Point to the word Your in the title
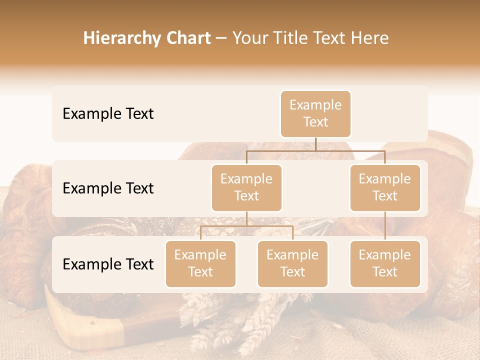pyautogui.click(x=248, y=38)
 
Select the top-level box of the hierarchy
pyautogui.click(x=315, y=114)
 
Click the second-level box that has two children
pyautogui.click(x=246, y=187)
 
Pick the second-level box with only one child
pyautogui.click(x=385, y=187)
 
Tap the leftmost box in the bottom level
pyautogui.click(x=200, y=263)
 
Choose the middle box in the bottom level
pyautogui.click(x=292, y=263)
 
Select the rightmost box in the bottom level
pyautogui.click(x=385, y=263)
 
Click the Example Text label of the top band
pyautogui.click(x=108, y=114)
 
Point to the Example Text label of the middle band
pyautogui.click(x=108, y=188)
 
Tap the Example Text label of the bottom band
pyautogui.click(x=108, y=264)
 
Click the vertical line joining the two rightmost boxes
pyautogui.click(x=385, y=226)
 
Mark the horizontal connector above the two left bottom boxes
pyautogui.click(x=246, y=226)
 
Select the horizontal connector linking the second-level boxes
pyautogui.click(x=315, y=150)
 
